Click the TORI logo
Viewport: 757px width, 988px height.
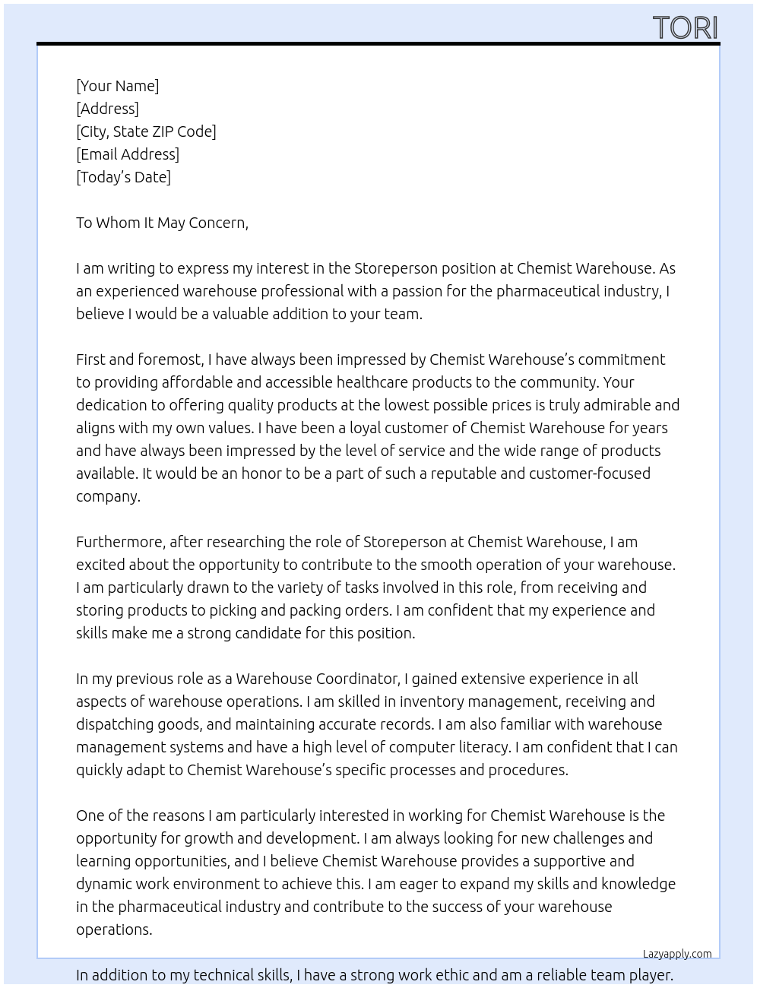(685, 28)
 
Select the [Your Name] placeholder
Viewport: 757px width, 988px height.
(117, 86)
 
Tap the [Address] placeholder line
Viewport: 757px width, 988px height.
(107, 109)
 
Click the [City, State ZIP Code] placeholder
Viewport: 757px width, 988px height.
(146, 131)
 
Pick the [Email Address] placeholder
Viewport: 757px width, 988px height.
(128, 154)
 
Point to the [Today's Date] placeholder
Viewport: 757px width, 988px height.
(123, 177)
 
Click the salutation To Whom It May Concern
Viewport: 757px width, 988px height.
(162, 223)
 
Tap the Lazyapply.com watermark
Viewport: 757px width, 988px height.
(676, 954)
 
